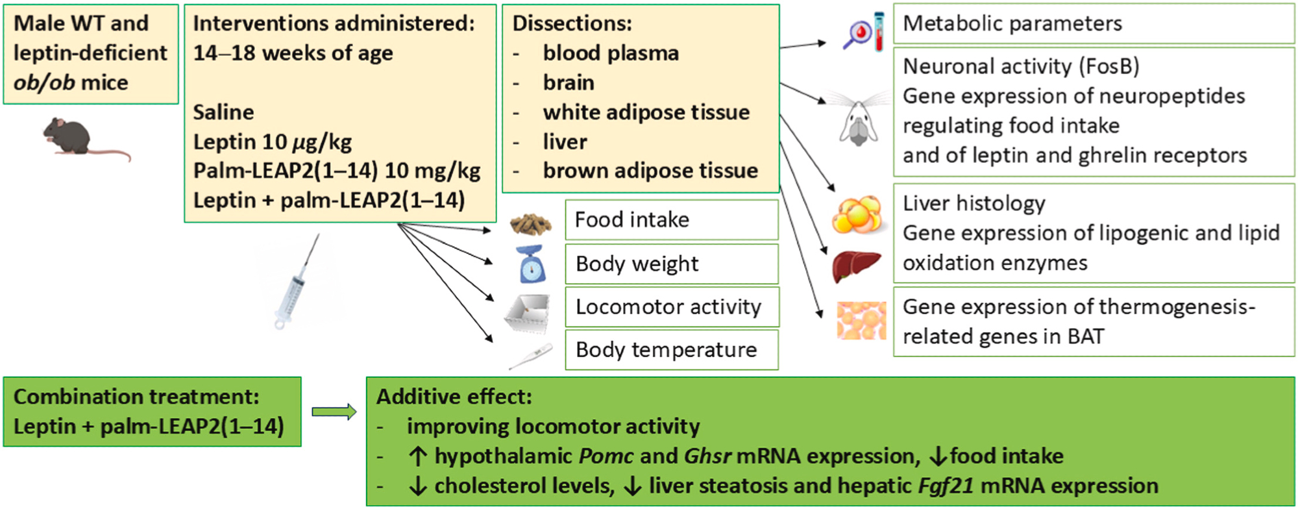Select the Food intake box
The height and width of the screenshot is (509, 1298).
pos(671,220)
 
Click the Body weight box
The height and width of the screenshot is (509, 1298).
pos(671,264)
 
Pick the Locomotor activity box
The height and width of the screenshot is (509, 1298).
pos(671,307)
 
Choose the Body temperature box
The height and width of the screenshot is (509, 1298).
pos(671,350)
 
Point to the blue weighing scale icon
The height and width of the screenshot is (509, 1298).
pos(532,264)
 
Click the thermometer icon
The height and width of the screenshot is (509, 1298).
pos(531,356)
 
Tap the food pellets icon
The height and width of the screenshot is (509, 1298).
pos(531,224)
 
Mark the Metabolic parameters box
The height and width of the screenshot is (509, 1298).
pos(1094,24)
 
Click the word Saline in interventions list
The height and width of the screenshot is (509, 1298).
pos(223,112)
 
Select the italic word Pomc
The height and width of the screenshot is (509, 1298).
pos(606,456)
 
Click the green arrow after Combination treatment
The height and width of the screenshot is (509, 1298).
pos(334,412)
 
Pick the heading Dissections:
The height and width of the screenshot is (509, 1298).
pos(572,24)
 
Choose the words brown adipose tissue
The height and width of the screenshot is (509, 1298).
pos(650,171)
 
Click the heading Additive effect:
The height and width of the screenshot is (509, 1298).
pos(454,397)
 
